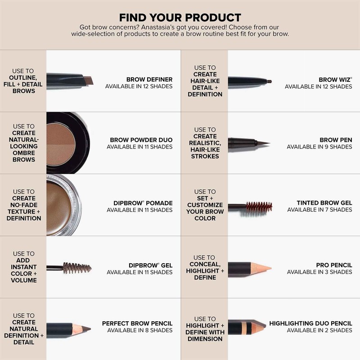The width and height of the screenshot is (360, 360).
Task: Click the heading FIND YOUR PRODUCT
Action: point(180,18)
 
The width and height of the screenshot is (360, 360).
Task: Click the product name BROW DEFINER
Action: point(149,80)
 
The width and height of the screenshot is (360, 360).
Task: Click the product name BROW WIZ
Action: point(335,80)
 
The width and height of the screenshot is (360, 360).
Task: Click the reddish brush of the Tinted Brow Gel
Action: point(260,207)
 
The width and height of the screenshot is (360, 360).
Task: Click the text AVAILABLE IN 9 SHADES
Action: point(319,147)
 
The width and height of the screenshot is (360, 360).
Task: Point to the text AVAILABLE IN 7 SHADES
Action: point(319,210)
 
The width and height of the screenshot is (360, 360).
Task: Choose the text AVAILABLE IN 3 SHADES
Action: point(319,272)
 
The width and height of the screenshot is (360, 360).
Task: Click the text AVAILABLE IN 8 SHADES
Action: point(139,330)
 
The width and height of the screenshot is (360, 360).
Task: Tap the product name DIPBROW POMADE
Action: point(143,203)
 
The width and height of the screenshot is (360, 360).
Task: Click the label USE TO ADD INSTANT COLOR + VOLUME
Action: point(23,267)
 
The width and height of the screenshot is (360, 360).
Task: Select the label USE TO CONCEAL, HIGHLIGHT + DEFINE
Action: point(205,267)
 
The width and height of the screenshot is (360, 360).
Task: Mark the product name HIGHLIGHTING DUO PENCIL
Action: point(310,324)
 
